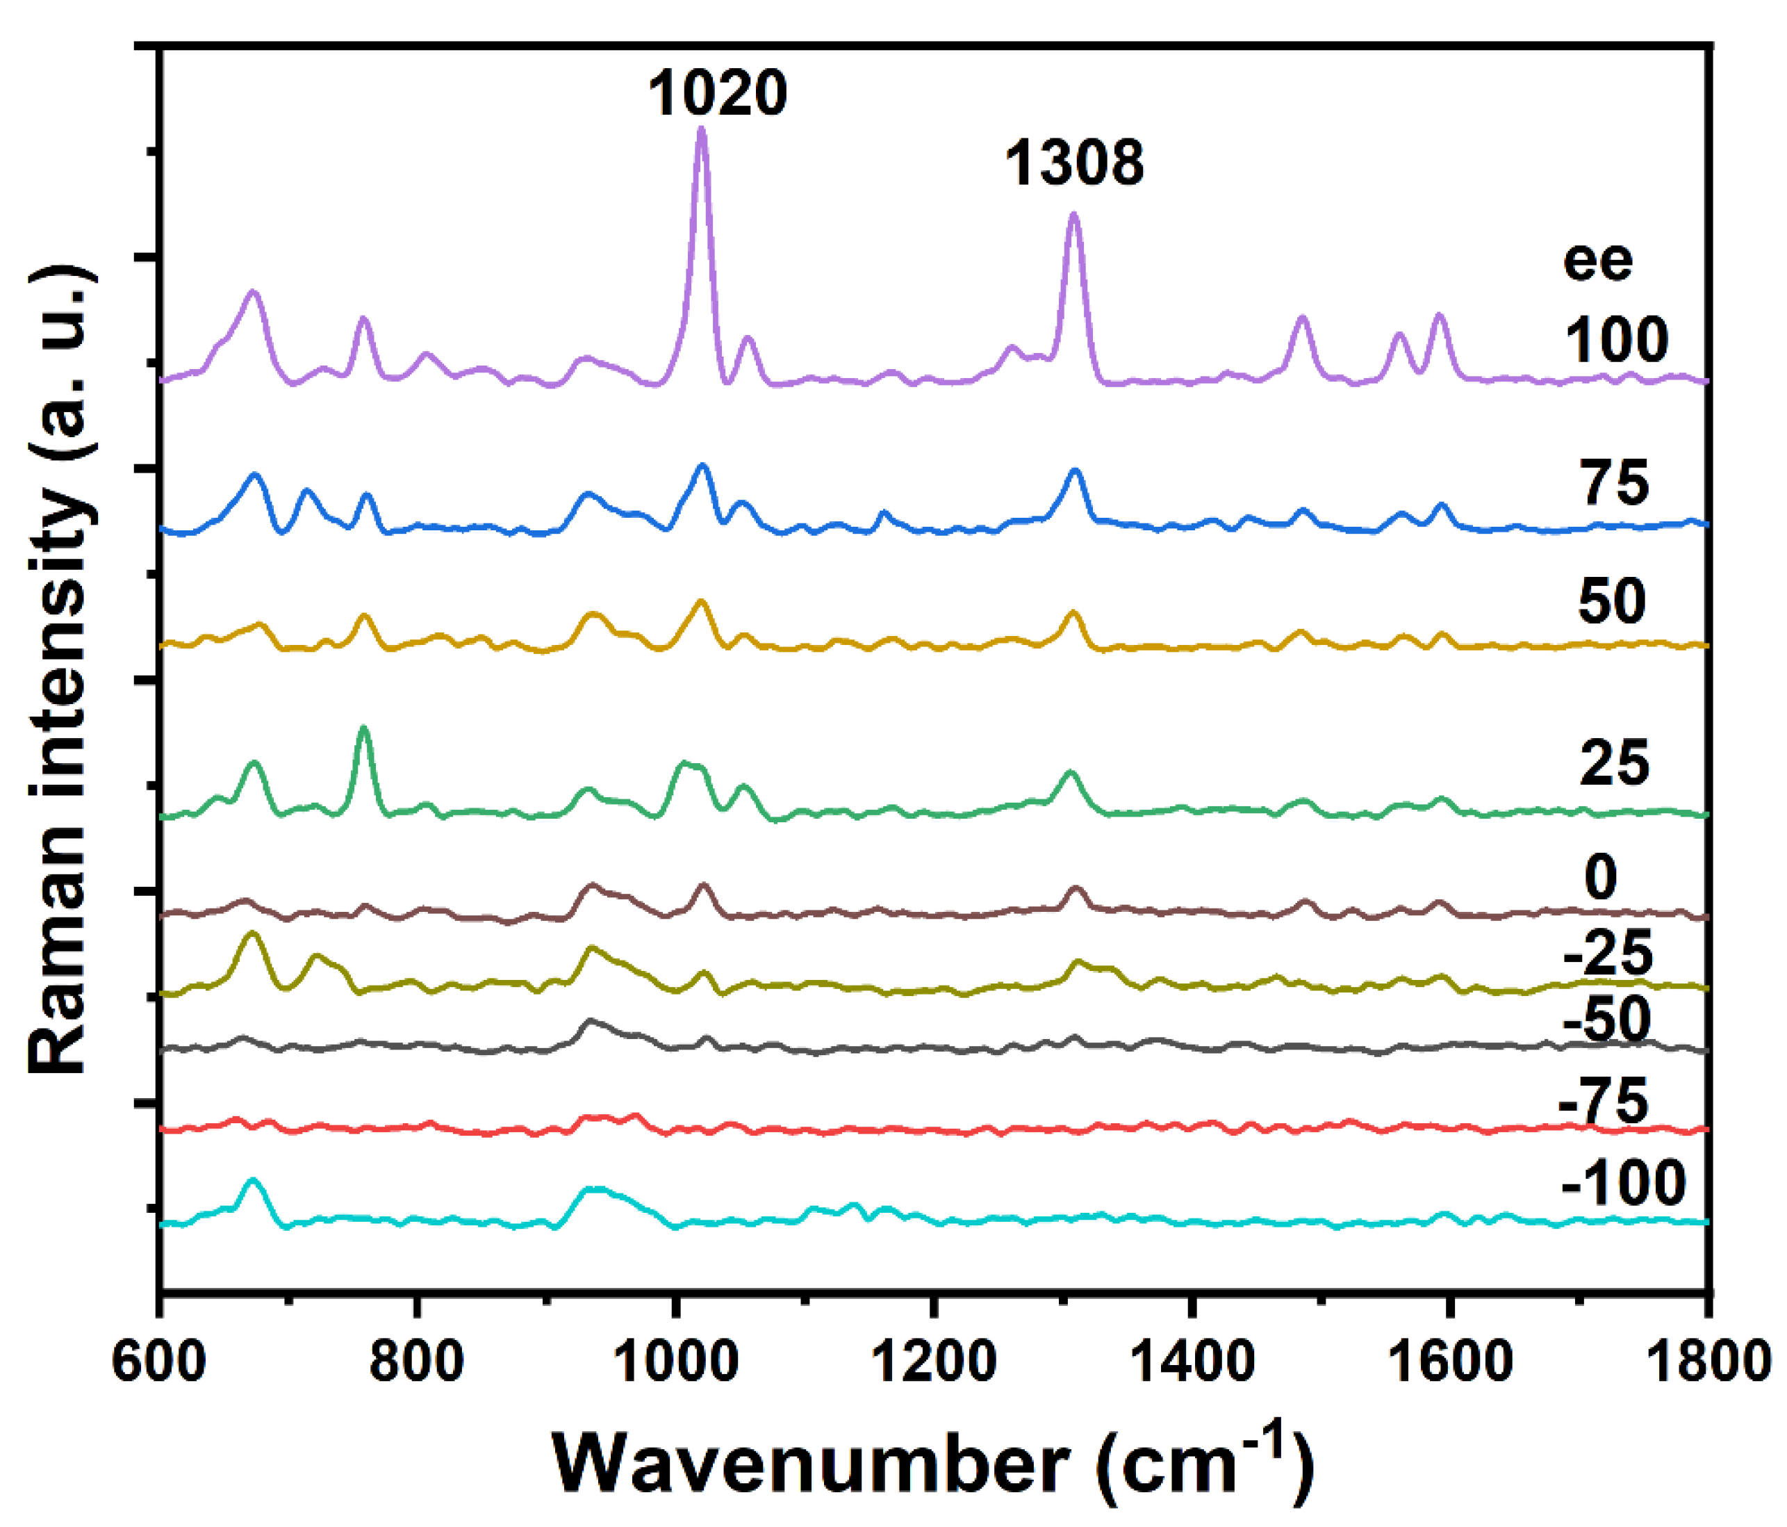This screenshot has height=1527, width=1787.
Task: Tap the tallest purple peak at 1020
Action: tap(701, 132)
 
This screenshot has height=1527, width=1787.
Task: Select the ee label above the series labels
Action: tap(1597, 261)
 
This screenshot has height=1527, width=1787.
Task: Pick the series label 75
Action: tap(1613, 482)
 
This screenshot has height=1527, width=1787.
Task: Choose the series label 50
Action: tap(1611, 601)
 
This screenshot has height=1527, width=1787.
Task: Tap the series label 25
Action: tap(1613, 762)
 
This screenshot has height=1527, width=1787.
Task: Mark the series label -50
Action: tap(1606, 1020)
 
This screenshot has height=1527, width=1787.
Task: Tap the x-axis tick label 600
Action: tap(160, 1362)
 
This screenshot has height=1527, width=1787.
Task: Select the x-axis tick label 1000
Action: tap(675, 1362)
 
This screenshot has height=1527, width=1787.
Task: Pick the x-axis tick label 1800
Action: tap(1706, 1362)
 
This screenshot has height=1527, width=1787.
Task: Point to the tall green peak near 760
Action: tap(363, 730)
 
